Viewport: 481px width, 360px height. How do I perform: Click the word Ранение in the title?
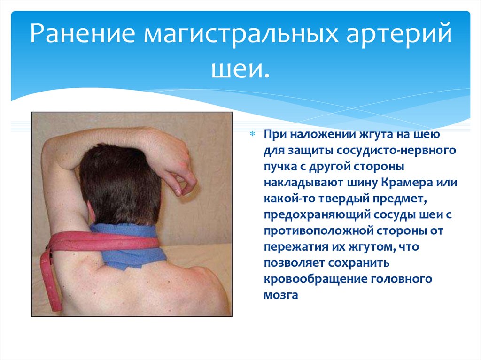[x=83, y=33]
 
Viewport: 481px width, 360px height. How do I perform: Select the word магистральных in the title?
[x=241, y=33]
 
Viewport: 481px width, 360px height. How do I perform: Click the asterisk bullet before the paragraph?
[x=252, y=134]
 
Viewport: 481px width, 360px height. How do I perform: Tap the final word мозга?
[x=281, y=295]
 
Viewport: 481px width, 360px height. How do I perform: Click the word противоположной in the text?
[x=318, y=231]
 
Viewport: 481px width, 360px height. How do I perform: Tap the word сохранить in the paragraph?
[x=359, y=263]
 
